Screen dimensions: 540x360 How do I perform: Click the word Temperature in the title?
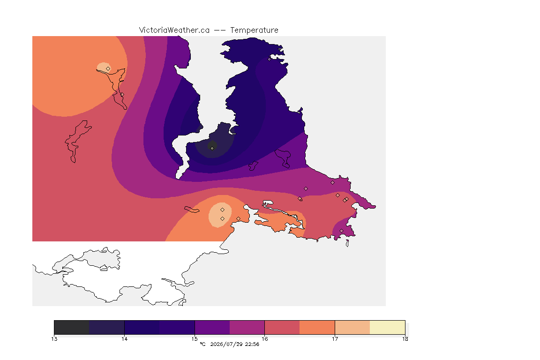(x=254, y=30)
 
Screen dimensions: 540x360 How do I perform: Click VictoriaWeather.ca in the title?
(x=174, y=30)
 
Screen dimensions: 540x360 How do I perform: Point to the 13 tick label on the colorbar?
(x=54, y=339)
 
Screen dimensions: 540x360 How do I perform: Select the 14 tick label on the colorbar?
(x=124, y=339)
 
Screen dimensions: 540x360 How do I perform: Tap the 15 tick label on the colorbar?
(x=195, y=339)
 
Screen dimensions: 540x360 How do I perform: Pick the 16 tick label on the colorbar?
(x=264, y=339)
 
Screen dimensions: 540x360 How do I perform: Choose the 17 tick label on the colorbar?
(x=335, y=339)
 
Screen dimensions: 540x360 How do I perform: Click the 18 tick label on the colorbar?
(x=405, y=339)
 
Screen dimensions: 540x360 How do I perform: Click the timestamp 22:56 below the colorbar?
(x=252, y=344)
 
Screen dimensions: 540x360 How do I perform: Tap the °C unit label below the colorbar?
(x=203, y=344)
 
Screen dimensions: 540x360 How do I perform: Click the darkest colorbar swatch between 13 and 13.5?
(x=72, y=327)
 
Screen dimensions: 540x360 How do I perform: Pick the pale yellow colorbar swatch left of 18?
(x=388, y=327)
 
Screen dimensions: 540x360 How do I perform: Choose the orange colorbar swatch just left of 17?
(x=317, y=327)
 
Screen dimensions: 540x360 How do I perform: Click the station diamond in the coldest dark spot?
(x=212, y=149)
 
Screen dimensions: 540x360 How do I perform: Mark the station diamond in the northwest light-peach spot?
(x=108, y=69)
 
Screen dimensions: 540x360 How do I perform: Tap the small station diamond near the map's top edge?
(x=270, y=59)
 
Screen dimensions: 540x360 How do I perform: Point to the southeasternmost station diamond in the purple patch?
(x=341, y=231)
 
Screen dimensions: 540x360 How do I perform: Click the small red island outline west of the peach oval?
(x=192, y=210)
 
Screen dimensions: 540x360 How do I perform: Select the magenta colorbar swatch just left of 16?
(x=247, y=327)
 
